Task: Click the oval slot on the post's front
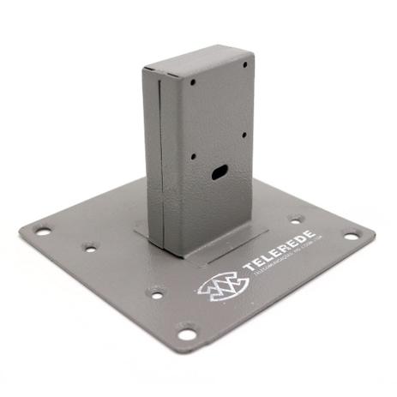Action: [x=218, y=173]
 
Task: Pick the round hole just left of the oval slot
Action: [x=194, y=157]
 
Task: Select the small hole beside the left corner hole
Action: [x=88, y=248]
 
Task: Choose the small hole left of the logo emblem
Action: [x=156, y=293]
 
